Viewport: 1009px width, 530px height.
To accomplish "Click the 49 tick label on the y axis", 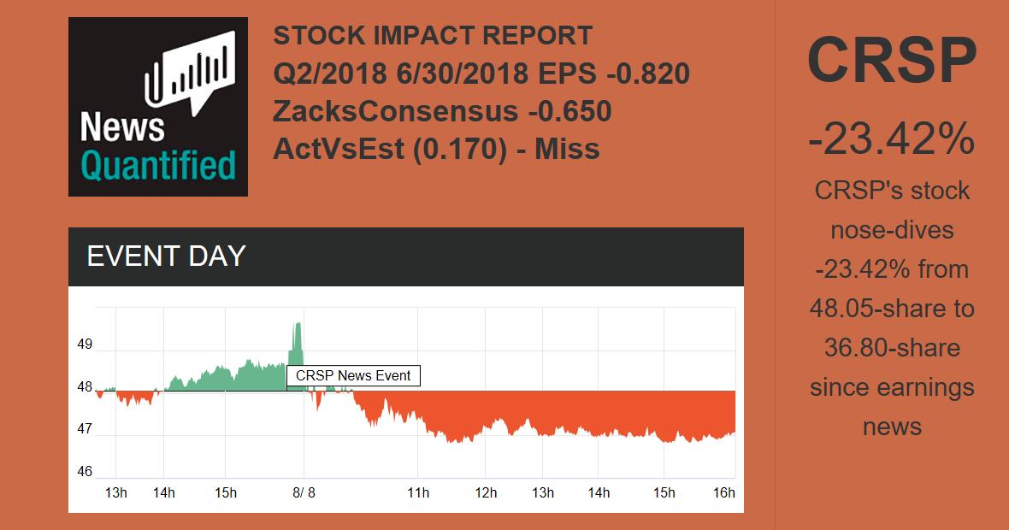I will (x=85, y=344).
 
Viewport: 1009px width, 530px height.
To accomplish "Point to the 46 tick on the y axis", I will (x=85, y=471).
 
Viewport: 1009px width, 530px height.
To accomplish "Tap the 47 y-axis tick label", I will (x=85, y=428).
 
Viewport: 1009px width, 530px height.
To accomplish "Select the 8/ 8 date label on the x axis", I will (x=304, y=492).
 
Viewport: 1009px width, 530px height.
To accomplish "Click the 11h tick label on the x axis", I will (x=417, y=492).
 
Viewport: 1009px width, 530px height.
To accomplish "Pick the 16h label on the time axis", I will (x=723, y=492).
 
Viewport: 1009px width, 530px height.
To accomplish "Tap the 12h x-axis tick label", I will (x=486, y=492).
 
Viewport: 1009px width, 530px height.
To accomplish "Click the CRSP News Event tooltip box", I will (x=353, y=375).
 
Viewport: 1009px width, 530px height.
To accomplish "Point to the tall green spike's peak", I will (x=297, y=324).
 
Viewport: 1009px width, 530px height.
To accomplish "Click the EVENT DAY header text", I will (x=166, y=256).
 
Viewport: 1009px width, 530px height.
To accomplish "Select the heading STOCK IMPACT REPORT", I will (x=433, y=36).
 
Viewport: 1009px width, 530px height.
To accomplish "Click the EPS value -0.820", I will (x=647, y=74).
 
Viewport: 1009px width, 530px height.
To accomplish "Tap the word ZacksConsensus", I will (x=395, y=111).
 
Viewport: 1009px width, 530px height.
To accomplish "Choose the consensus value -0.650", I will (x=569, y=111).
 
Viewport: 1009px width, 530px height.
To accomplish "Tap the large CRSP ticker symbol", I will (x=892, y=61).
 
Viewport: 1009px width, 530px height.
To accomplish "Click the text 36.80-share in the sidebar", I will (x=892, y=348).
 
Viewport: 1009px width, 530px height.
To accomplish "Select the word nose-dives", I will (x=892, y=230).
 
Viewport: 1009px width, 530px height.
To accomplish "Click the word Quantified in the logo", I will (x=157, y=165).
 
